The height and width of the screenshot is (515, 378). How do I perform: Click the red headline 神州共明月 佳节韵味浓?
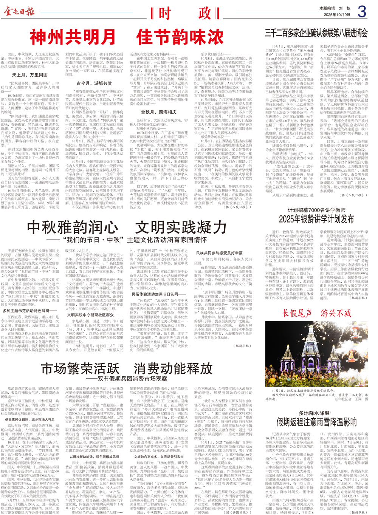pyautogui.click(x=126, y=37)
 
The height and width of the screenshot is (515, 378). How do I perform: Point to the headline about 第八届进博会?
pyautogui.click(x=316, y=33)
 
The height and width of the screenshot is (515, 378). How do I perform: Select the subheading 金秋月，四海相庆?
pyautogui.click(x=159, y=112)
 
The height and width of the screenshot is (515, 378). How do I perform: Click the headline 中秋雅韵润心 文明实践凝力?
pyautogui.click(x=126, y=227)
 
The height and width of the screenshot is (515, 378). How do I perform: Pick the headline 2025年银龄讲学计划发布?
pyautogui.click(x=316, y=219)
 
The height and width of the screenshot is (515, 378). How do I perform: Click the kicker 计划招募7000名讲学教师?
pyautogui.click(x=316, y=210)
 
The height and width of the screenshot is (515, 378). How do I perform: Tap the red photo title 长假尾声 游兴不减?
pyautogui.click(x=317, y=313)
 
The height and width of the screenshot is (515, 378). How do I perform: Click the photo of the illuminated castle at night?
pyautogui.click(x=317, y=354)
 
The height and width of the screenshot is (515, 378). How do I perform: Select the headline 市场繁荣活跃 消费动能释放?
pyautogui.click(x=126, y=368)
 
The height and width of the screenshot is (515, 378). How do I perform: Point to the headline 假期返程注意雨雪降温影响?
pyautogui.click(x=316, y=422)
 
